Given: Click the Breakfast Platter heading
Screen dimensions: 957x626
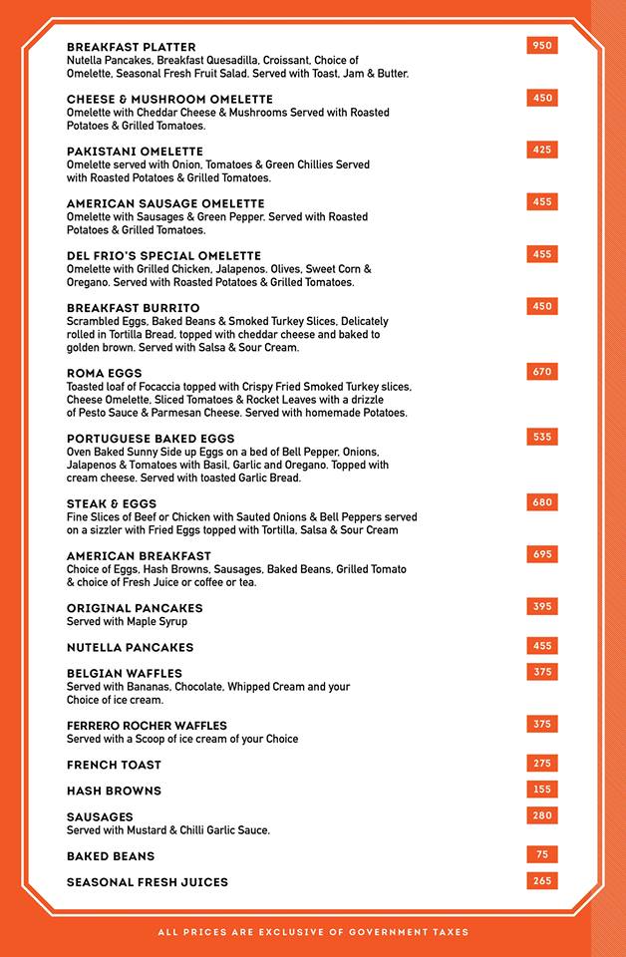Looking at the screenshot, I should [x=131, y=47].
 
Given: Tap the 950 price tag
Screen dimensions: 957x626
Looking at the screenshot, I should [x=542, y=46].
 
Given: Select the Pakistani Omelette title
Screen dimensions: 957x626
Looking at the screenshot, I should [x=135, y=152].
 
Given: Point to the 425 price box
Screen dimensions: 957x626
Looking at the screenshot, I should [x=542, y=151].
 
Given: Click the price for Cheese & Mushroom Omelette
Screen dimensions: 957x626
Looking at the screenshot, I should [x=542, y=98].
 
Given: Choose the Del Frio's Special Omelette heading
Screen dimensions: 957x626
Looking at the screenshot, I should [x=163, y=256].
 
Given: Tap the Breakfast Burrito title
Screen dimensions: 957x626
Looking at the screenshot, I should [x=133, y=308].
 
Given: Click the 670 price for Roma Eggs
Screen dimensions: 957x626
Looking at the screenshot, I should [x=542, y=372].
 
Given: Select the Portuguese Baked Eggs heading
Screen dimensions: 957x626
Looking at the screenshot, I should [x=151, y=439].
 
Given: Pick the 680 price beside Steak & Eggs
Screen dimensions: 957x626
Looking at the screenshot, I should [x=542, y=502].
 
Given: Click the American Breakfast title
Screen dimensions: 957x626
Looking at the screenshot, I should [x=139, y=556].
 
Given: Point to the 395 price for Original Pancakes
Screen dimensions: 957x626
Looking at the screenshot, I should [x=542, y=607].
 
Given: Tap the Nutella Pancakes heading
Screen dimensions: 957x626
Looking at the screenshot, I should [x=130, y=648].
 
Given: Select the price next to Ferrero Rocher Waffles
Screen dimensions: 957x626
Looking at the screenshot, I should [x=542, y=725].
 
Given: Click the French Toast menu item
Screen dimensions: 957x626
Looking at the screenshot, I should [x=114, y=766].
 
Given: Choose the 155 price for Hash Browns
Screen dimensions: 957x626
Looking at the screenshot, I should [x=542, y=790].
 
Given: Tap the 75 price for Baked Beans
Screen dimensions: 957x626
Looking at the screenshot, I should [x=542, y=855].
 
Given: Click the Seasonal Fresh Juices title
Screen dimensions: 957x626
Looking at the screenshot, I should [x=148, y=882].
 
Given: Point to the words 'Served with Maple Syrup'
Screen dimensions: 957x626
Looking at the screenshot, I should [x=127, y=622].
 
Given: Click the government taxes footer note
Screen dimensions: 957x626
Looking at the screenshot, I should [x=313, y=933].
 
